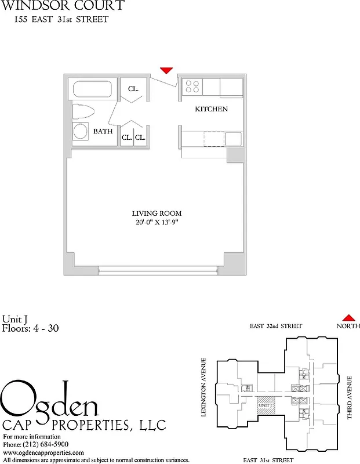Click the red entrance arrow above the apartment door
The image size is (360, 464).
[x=166, y=71]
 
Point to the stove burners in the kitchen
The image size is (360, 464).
[x=192, y=86]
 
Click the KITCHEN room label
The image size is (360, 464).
[x=211, y=109]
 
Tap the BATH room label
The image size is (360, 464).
[x=103, y=132]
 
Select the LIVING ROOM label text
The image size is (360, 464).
[x=152, y=213]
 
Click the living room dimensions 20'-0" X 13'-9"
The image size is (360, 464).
[x=152, y=223]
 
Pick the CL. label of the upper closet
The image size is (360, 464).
[x=134, y=89]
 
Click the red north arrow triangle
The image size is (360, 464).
[x=348, y=317]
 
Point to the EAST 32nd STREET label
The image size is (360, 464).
[x=276, y=327]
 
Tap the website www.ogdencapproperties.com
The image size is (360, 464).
[x=43, y=452]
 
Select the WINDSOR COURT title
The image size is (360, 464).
[x=62, y=6]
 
